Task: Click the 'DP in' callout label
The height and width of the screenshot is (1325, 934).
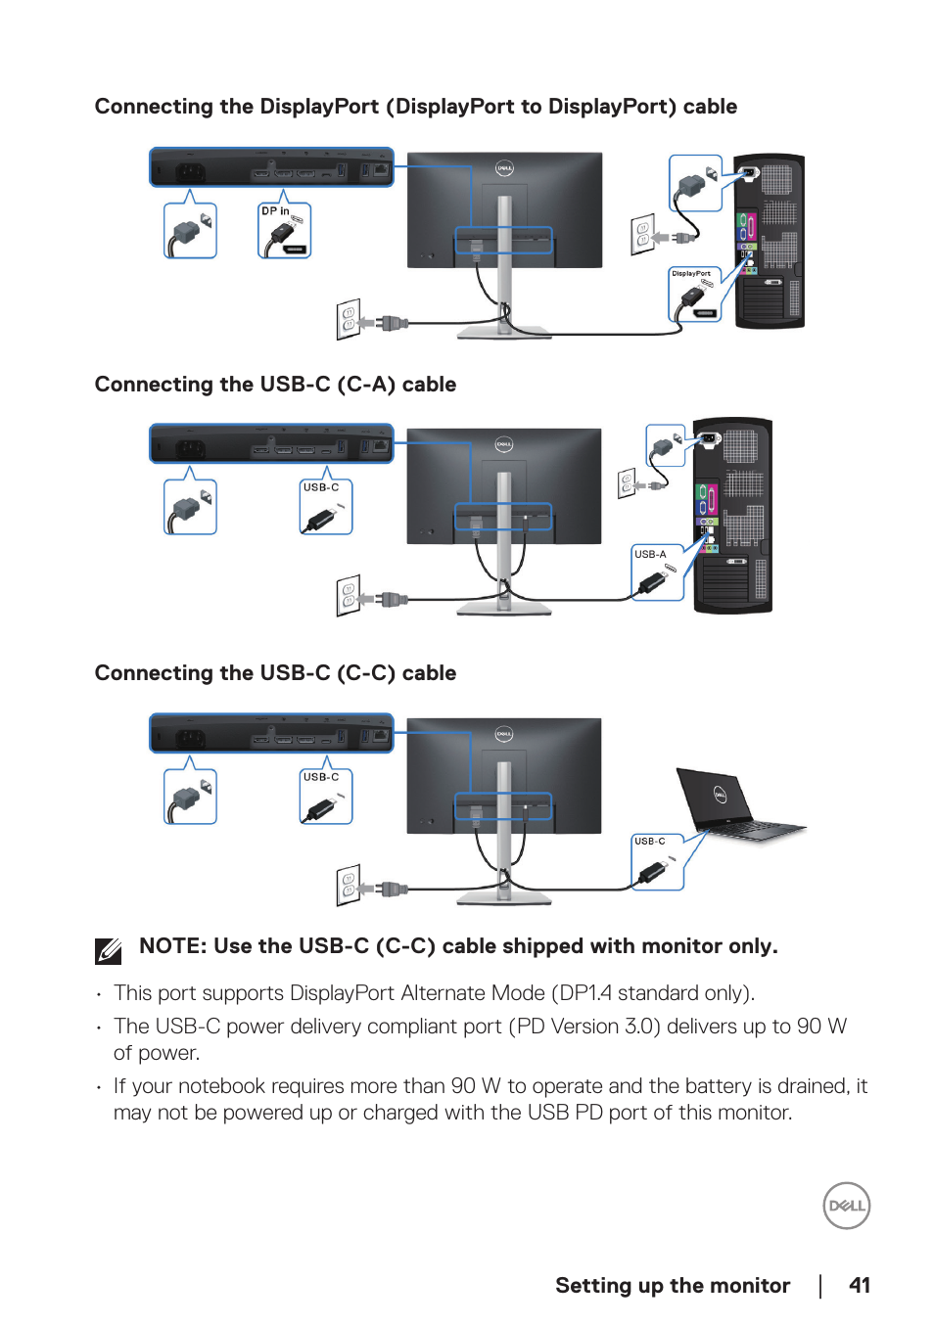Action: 275,211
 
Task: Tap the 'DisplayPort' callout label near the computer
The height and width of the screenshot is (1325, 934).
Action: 691,273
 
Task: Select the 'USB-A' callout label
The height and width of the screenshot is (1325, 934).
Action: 650,554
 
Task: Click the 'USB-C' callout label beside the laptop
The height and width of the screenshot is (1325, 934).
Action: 649,842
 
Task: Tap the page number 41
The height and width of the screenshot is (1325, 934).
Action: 860,1286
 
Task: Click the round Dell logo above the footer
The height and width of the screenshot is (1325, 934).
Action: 847,1206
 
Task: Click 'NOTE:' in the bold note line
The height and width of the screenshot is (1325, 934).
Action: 173,946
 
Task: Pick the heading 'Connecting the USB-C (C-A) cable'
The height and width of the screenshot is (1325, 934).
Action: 275,385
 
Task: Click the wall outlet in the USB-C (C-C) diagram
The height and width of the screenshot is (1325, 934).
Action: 348,886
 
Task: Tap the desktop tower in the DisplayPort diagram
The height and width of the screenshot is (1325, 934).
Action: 769,241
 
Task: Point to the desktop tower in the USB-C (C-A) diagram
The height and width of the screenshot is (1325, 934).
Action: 732,515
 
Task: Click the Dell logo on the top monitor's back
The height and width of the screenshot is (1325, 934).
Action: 504,168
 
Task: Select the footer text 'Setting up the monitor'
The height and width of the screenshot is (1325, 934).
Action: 673,1286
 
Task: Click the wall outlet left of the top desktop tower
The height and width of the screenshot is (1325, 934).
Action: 643,235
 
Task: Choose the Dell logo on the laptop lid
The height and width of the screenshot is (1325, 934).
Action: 720,795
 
